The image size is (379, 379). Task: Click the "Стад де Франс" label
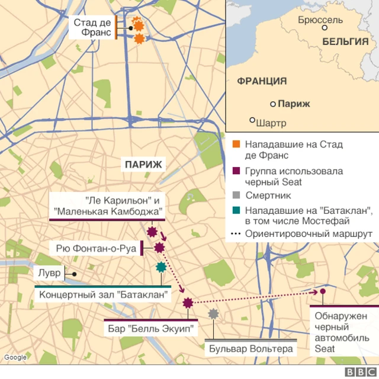(92, 27)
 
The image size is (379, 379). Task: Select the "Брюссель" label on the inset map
(320, 20)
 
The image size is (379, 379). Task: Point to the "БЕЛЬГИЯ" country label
(346, 41)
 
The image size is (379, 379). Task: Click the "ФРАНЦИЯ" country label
(262, 81)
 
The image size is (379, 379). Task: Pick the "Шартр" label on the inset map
(272, 123)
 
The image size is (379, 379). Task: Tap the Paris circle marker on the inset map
(273, 104)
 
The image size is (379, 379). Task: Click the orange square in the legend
(236, 144)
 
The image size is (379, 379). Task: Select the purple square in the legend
(236, 171)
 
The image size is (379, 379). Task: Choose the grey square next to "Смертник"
(236, 195)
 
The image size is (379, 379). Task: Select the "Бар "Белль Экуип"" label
(151, 328)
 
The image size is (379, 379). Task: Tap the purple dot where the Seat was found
(323, 291)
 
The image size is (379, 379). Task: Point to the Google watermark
(15, 357)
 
